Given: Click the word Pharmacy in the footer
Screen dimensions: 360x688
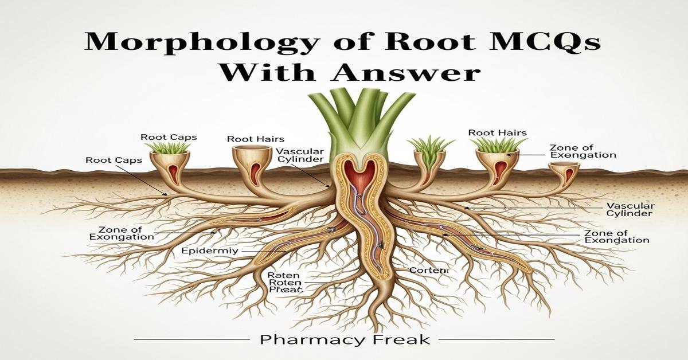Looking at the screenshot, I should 302,340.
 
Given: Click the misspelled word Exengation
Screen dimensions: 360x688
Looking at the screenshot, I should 583,155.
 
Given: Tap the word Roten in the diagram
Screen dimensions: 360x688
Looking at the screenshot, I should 282,283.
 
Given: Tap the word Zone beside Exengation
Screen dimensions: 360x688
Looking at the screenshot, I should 561,147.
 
